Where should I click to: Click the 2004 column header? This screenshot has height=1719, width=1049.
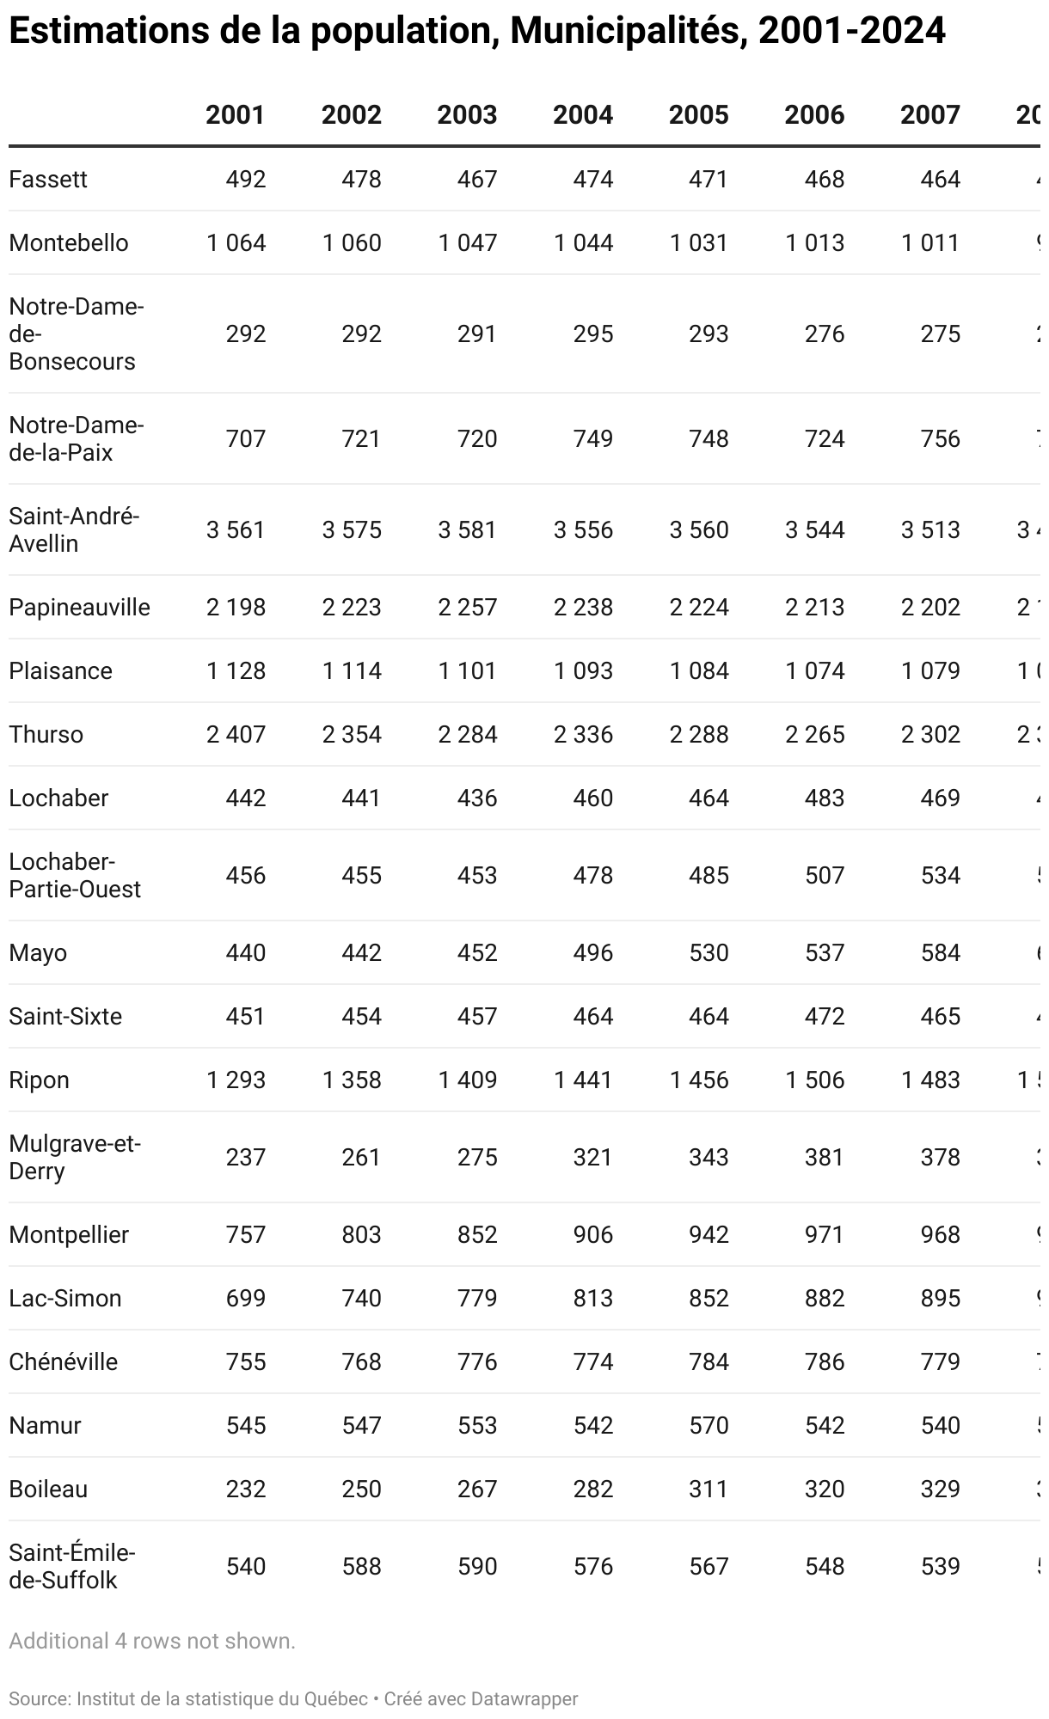coord(582,115)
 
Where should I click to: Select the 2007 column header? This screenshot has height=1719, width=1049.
coord(929,115)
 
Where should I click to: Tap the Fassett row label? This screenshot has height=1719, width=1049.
coord(48,180)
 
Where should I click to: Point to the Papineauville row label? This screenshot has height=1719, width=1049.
coord(79,608)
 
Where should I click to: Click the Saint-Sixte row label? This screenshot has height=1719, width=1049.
coord(65,1017)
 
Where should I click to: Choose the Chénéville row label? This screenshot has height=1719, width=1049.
coord(63,1362)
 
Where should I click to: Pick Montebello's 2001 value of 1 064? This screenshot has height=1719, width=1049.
coord(236,243)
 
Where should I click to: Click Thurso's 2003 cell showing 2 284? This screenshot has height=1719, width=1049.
coord(467,735)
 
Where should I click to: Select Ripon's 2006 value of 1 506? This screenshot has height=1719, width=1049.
coord(814,1080)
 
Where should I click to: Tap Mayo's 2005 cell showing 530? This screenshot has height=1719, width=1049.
coord(709,953)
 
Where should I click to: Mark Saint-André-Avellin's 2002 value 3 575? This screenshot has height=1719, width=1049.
coord(352,530)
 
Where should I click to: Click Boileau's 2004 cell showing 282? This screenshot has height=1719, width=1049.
coord(592,1490)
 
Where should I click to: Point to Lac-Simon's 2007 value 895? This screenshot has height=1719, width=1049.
coord(940,1299)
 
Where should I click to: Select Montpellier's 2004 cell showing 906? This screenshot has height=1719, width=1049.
coord(592,1235)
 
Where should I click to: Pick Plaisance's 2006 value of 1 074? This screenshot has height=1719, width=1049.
coord(814,671)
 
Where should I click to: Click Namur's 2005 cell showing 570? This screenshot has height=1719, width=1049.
coord(709,1426)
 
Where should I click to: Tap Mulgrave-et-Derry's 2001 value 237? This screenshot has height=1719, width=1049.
coord(246,1158)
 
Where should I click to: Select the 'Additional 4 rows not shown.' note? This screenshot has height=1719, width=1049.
coord(152,1641)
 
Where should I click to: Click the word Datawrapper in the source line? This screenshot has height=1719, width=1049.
coord(524,1699)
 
